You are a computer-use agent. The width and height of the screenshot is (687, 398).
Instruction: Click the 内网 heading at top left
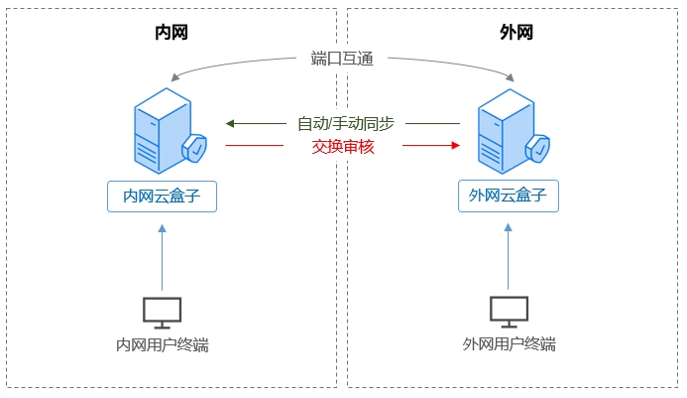pos(172,33)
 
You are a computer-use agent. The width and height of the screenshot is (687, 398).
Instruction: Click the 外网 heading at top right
pos(515,33)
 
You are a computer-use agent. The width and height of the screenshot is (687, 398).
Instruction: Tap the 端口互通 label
pos(342,59)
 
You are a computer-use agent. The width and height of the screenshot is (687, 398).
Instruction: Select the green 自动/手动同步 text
pos(345,124)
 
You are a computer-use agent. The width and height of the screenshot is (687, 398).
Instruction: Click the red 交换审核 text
pos(342,146)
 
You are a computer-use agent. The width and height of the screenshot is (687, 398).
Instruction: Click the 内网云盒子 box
pos(162,196)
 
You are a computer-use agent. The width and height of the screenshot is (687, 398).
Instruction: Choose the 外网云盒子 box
pos(508,196)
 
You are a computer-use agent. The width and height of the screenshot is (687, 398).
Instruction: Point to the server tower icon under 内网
pos(159,130)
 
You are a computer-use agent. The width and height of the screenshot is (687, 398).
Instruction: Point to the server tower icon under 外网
pos(503,130)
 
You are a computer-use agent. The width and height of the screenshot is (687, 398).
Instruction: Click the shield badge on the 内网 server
pos(195,149)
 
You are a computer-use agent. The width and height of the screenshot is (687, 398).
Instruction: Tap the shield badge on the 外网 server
pos(538,149)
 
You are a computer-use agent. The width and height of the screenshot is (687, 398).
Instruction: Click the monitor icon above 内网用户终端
pos(162,312)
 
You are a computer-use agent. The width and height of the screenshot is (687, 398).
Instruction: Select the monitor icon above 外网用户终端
pos(509,312)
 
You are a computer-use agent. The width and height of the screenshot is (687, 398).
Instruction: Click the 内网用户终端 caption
pos(162,345)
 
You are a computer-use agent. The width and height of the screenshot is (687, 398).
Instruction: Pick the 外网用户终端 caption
pos(509,345)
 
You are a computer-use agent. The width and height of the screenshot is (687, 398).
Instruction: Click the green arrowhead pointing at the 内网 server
pos(230,124)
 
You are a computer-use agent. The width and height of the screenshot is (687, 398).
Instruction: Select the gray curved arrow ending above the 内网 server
pos(228,64)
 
